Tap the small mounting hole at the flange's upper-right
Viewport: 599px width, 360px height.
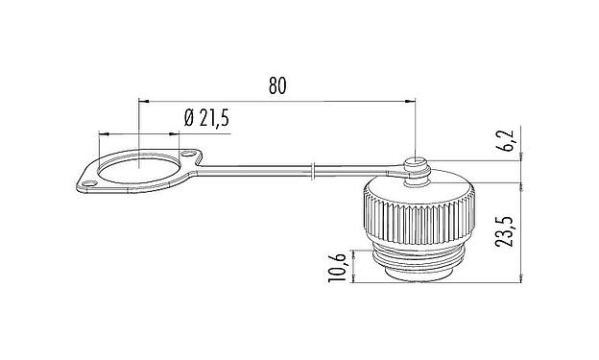click(189, 155)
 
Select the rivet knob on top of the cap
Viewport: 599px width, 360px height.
click(415, 165)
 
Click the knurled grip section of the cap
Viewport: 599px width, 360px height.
click(414, 216)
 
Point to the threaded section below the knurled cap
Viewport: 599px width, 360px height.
click(414, 258)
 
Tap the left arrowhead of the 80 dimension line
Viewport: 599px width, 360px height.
click(143, 100)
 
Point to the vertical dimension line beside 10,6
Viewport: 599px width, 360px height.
click(351, 265)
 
